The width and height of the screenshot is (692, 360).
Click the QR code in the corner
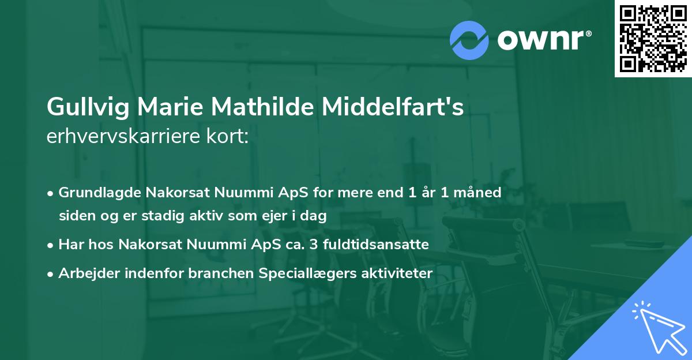click(x=653, y=39)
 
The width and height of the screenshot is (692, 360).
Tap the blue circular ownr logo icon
click(x=469, y=40)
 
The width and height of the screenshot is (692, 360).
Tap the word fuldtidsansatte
click(x=382, y=244)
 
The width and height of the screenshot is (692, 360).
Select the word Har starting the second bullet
click(x=70, y=244)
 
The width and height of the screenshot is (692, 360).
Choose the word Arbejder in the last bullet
click(x=85, y=273)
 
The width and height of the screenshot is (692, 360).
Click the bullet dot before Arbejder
click(x=51, y=273)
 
